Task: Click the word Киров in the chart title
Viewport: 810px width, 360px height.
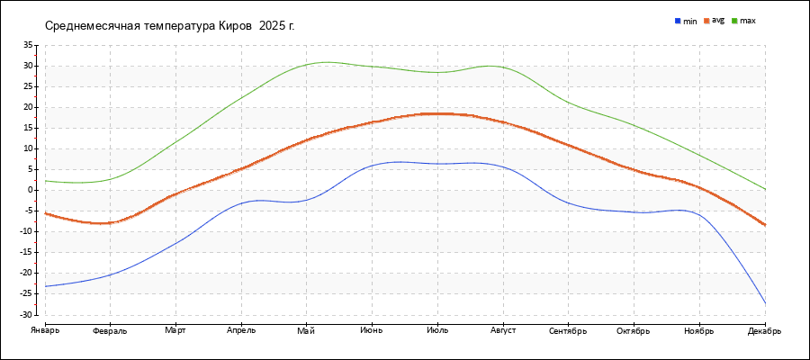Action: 236,25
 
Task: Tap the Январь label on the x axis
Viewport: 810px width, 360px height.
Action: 45,330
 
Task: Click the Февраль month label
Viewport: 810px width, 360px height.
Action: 110,330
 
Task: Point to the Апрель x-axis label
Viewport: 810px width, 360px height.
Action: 241,330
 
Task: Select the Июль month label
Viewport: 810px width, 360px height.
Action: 437,330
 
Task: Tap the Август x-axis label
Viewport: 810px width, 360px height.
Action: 503,330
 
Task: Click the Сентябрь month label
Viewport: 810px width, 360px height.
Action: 568,330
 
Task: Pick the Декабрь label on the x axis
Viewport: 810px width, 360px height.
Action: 764,330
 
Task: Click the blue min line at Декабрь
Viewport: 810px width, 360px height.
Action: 765,303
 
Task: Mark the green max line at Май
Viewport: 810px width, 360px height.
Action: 307,65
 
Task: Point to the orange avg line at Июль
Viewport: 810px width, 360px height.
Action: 437,113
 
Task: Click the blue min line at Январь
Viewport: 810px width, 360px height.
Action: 46,286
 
